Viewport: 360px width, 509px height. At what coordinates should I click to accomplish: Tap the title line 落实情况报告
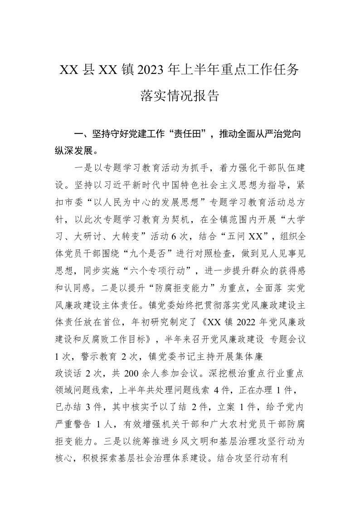(180, 96)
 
